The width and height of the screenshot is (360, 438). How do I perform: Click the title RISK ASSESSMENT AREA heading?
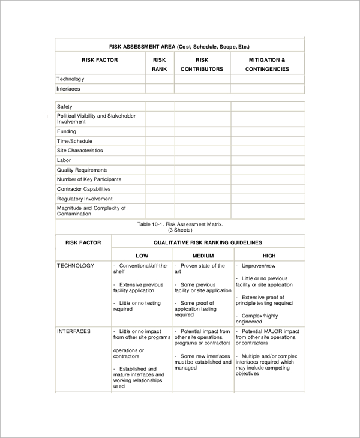tap(179, 46)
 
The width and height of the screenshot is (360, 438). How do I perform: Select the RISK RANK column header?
tap(159, 64)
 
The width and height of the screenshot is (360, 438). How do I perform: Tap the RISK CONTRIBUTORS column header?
tap(202, 64)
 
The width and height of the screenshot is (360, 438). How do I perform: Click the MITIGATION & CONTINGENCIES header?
tap(267, 64)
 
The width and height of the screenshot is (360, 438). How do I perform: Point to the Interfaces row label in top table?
tap(68, 89)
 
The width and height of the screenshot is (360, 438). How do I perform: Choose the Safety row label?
tap(64, 107)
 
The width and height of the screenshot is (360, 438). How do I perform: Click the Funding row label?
tap(67, 131)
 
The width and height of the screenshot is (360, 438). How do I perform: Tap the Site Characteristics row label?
tap(80, 151)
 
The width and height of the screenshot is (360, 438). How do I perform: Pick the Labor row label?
tap(64, 160)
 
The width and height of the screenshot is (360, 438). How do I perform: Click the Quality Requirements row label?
tap(82, 170)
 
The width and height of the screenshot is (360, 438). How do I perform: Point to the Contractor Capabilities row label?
tap(83, 189)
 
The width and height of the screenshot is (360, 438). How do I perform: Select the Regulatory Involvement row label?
tap(85, 199)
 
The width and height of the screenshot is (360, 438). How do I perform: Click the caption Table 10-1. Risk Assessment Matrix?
tap(179, 224)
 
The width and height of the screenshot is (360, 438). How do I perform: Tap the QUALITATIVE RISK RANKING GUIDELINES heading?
tap(208, 242)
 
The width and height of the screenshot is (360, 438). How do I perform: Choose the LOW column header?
tap(142, 256)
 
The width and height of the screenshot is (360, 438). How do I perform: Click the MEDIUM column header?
tap(203, 256)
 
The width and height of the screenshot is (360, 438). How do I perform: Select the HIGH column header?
tap(269, 256)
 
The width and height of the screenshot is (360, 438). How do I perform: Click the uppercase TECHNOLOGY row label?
tap(76, 265)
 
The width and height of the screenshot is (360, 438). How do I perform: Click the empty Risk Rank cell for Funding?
tap(160, 131)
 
